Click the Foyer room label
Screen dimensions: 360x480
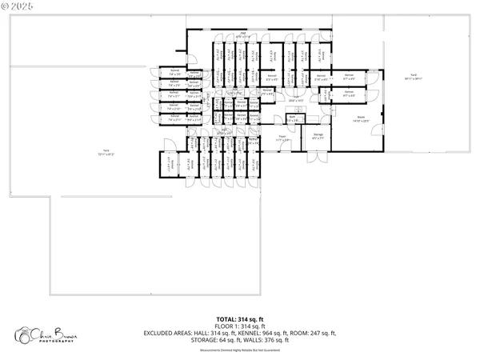click(282, 138)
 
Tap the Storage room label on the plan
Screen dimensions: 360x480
click(318, 135)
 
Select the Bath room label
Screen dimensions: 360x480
click(293, 118)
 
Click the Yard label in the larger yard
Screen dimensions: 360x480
click(105, 152)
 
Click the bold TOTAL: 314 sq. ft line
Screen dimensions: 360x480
click(239, 319)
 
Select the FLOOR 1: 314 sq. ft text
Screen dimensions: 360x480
click(239, 326)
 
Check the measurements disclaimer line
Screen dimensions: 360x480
click(239, 348)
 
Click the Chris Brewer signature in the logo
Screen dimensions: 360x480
click(50, 331)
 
